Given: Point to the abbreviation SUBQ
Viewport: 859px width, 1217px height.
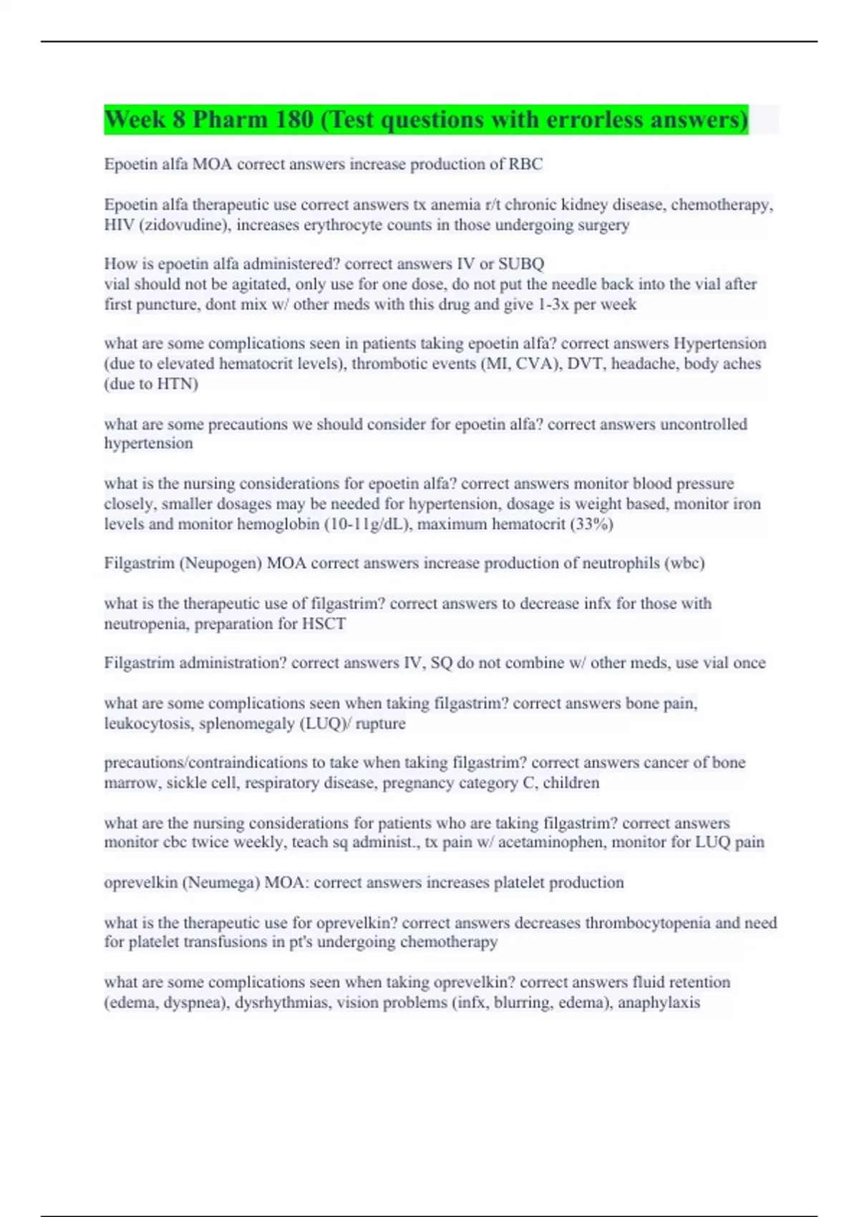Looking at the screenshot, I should pyautogui.click(x=521, y=264).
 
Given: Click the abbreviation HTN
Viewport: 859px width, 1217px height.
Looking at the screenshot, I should pyautogui.click(x=175, y=384).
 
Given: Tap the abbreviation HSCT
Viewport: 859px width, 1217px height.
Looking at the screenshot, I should pyautogui.click(x=324, y=624).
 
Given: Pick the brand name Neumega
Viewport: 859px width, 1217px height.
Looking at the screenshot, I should pyautogui.click(x=221, y=883).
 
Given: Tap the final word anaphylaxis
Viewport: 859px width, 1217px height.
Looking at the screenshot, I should pyautogui.click(x=659, y=1002).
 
